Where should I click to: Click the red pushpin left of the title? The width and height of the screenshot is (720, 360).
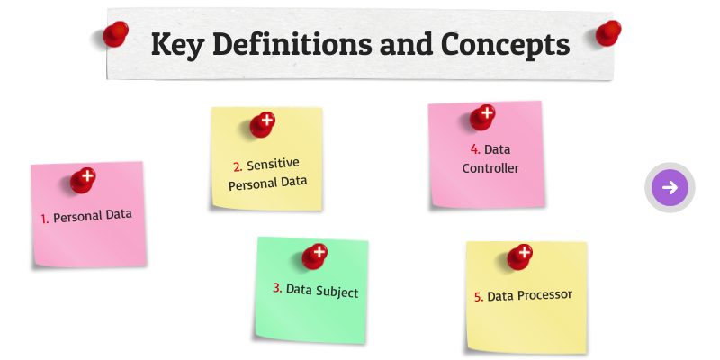115,34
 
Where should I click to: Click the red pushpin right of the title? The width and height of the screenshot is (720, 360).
608,33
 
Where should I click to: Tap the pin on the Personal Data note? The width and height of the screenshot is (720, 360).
83,179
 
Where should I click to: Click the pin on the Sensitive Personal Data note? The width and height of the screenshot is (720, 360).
263,123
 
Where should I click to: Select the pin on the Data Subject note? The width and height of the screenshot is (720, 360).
315,256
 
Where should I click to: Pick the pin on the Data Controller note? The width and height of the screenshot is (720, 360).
482,117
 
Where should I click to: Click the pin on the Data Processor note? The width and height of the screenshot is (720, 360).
520,256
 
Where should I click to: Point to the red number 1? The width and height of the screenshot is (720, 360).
45,219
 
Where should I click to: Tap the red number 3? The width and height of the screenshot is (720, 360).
277,289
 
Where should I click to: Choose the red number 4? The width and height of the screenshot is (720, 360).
474,149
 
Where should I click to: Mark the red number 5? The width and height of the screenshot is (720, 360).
479,297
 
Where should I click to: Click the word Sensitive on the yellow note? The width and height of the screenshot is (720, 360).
273,164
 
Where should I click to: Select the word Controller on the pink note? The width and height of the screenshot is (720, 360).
490,167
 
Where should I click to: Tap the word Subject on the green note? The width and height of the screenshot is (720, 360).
336,292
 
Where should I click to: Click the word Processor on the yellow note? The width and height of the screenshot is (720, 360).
544,294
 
